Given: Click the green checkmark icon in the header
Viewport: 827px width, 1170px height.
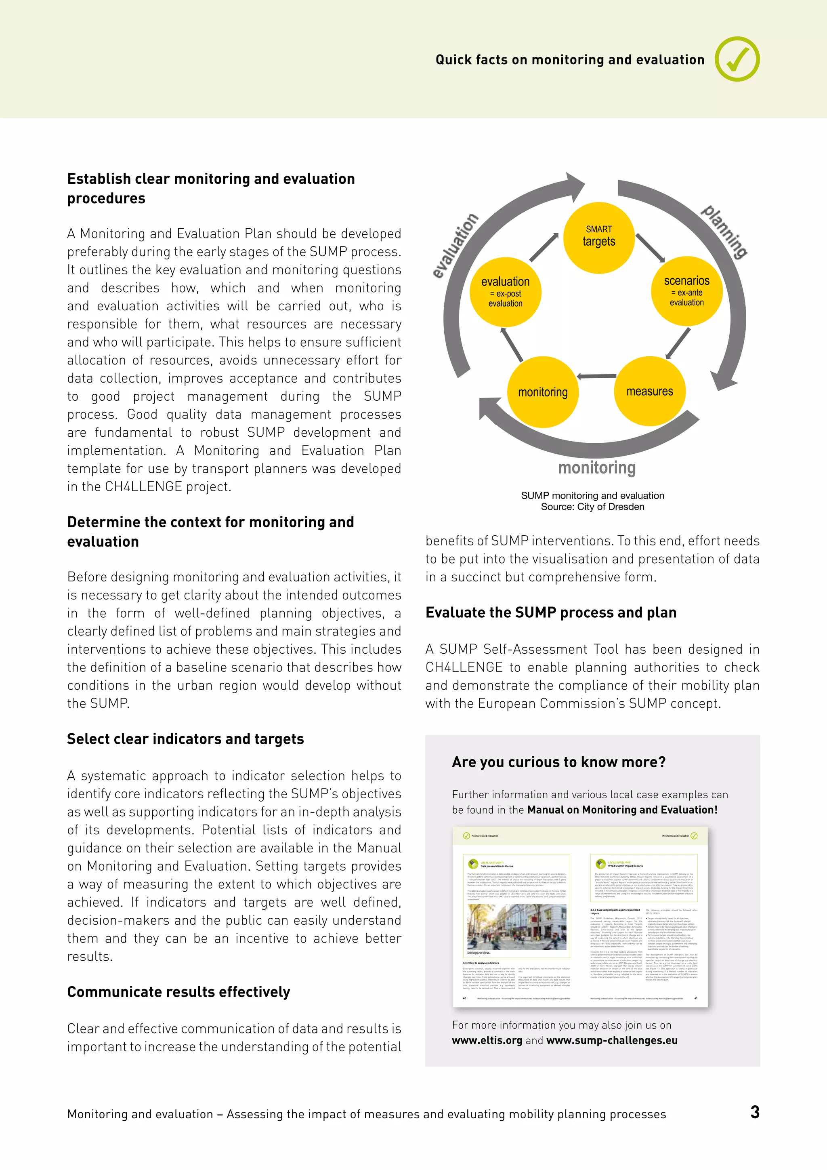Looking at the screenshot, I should [x=737, y=59].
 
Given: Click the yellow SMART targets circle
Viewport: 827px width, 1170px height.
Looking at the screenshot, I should [x=598, y=238].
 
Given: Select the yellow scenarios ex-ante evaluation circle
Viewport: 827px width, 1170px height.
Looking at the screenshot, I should [x=686, y=291].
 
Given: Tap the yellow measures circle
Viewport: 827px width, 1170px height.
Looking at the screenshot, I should [x=649, y=391].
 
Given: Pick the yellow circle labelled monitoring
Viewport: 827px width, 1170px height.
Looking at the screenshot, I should [x=543, y=392].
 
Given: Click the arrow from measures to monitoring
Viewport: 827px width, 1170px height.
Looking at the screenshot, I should [x=596, y=377].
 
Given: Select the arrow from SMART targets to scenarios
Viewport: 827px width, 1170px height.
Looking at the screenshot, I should [x=650, y=248].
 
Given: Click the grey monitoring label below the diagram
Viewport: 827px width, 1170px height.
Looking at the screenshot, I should [x=597, y=467].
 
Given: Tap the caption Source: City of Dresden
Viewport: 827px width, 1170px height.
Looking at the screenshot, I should [x=592, y=507].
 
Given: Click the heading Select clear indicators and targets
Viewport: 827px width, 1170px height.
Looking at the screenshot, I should [x=185, y=739].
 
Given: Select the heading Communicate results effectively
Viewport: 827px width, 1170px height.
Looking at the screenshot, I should [x=179, y=992].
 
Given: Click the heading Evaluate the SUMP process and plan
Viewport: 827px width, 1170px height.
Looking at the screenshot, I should [x=551, y=612].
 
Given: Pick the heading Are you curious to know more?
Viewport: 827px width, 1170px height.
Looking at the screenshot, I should [x=558, y=762].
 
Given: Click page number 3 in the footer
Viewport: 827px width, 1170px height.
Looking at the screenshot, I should [x=755, y=1112].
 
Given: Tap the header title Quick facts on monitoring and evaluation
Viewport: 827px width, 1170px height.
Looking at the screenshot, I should [x=570, y=60].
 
